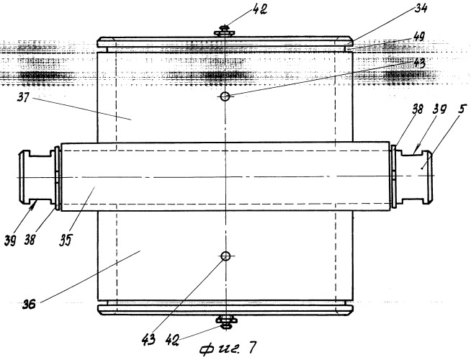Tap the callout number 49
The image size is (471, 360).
418,37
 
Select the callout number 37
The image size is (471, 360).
24,97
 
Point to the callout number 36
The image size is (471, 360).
29,304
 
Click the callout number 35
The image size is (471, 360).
66,240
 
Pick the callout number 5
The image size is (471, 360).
459,109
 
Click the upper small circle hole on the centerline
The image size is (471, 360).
225,96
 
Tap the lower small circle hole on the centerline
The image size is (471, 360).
225,256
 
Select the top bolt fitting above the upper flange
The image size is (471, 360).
225,31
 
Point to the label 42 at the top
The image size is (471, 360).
259,9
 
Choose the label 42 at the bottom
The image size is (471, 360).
172,340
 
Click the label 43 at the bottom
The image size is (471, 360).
148,339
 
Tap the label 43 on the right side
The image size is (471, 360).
418,63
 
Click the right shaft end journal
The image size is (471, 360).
414,177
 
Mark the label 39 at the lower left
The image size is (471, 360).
10,240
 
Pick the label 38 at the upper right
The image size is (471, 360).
417,109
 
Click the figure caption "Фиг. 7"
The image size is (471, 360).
228,348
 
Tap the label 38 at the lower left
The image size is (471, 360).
30,240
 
